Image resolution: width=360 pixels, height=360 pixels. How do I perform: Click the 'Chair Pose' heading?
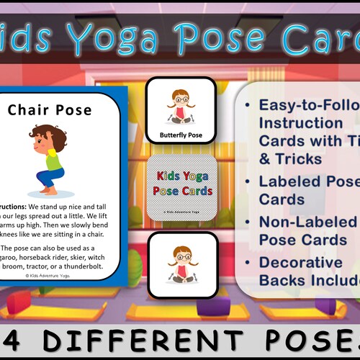[60, 110]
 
